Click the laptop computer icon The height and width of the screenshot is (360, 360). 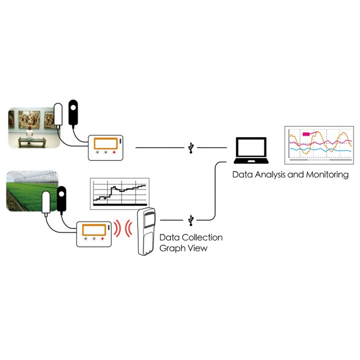(251, 150)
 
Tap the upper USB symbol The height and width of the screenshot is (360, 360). (191, 148)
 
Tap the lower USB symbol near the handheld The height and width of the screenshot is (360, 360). (191, 220)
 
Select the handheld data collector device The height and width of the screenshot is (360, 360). (146, 231)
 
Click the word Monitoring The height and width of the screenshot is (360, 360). (327, 175)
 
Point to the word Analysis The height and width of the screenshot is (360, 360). (270, 175)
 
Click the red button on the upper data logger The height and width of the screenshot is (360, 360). (114, 152)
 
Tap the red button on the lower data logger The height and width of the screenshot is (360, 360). (103, 238)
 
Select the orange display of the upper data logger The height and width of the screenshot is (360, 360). (106, 144)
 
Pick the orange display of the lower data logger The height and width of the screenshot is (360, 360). (94, 230)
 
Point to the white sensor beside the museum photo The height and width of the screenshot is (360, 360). (58, 115)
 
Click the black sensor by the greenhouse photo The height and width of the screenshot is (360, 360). (62, 198)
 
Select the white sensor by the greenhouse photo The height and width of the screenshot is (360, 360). (46, 202)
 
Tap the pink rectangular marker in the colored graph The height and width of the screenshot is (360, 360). (306, 134)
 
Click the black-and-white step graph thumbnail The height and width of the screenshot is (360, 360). (120, 194)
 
